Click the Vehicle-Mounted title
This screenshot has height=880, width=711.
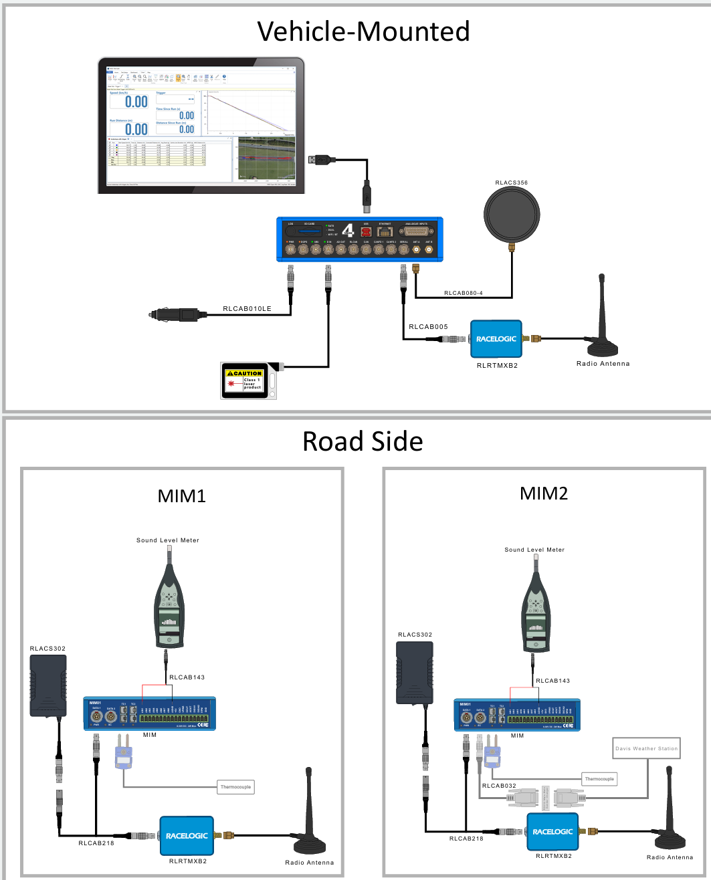point(363,31)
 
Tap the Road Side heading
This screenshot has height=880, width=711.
point(363,441)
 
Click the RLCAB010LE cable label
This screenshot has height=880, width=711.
point(247,310)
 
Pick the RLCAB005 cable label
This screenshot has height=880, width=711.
point(428,327)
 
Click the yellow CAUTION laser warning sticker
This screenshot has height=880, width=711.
point(244,373)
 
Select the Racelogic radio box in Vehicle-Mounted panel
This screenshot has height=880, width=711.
point(496,339)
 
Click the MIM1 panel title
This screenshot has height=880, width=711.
point(181,496)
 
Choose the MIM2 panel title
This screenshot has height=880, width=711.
point(544,493)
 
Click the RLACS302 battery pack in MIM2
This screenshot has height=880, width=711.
point(415,673)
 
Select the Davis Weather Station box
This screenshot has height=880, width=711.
point(646,749)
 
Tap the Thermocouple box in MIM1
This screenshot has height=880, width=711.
point(235,787)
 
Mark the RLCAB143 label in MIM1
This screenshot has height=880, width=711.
point(187,677)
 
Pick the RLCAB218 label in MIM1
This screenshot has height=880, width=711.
point(96,843)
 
